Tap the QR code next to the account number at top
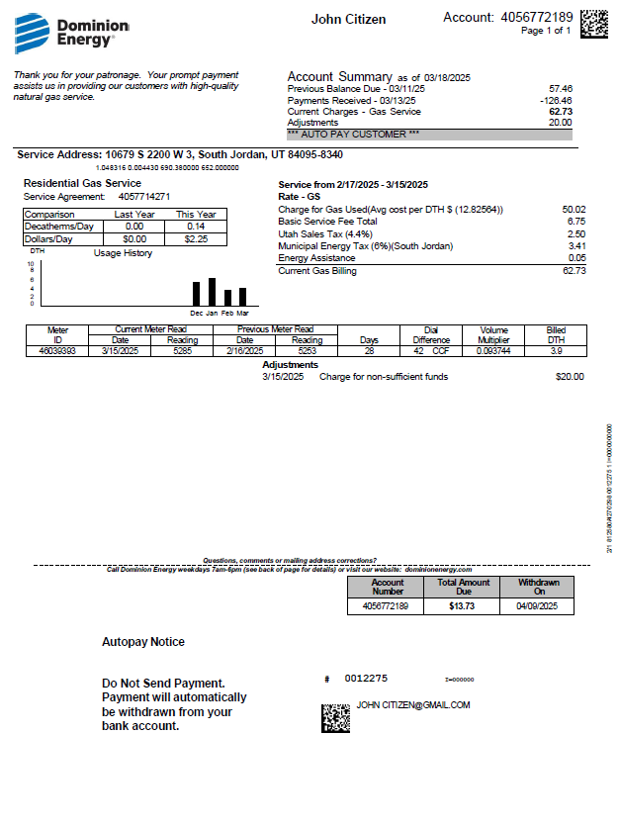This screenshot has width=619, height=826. click(x=593, y=23)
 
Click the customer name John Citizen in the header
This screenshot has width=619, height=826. click(x=348, y=20)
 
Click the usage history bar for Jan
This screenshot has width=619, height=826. click(x=212, y=292)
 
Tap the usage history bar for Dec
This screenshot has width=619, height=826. click(x=196, y=294)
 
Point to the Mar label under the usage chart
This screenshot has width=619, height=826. click(x=242, y=314)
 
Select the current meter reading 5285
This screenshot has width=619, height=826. click(x=181, y=350)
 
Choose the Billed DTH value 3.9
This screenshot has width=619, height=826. click(x=556, y=350)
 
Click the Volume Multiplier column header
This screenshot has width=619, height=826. click(x=493, y=334)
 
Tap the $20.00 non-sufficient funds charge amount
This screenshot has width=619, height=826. click(x=570, y=377)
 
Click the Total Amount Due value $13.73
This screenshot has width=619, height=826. click(x=462, y=605)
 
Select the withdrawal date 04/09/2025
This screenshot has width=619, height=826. click(x=538, y=605)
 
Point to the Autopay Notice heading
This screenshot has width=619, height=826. click(x=143, y=642)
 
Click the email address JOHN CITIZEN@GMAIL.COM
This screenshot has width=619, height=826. click(x=413, y=705)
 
